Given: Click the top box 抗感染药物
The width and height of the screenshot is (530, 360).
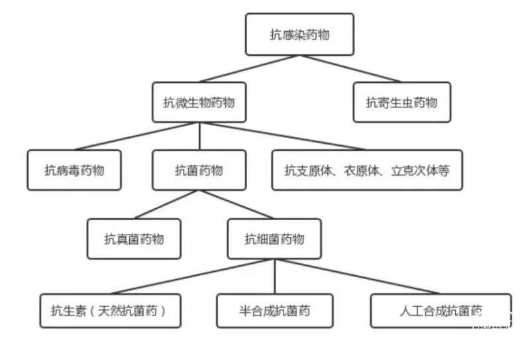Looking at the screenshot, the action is click(299, 34).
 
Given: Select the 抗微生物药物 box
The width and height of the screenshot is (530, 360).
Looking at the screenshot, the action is click(199, 102).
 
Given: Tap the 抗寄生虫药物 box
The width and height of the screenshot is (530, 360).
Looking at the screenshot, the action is click(402, 102).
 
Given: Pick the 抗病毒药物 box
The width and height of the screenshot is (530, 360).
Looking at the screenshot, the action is click(74, 170).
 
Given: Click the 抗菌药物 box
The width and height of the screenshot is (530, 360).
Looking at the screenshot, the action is click(199, 170).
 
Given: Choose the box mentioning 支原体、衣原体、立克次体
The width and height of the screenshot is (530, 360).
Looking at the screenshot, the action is click(367, 170).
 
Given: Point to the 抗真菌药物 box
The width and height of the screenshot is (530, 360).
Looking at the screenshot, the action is click(134, 239).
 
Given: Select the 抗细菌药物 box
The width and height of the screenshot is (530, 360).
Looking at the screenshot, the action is click(274, 239).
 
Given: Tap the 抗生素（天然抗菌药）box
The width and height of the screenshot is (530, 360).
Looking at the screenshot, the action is click(111, 311).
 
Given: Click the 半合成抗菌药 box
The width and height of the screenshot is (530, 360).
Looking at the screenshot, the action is click(275, 311).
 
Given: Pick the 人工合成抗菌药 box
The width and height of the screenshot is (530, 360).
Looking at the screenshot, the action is click(441, 311).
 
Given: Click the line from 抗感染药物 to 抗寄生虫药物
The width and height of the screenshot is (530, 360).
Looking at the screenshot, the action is click(350, 69).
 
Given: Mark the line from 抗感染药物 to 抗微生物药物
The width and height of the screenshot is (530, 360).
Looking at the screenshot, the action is click(249, 69).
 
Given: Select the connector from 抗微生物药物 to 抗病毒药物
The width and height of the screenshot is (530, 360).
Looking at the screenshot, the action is click(137, 136).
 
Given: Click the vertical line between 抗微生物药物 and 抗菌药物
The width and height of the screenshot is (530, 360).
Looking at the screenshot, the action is click(199, 136).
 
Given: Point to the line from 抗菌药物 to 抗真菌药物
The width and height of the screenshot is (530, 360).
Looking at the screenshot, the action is click(167, 204).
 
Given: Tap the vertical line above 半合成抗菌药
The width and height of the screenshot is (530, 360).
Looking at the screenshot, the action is click(275, 276).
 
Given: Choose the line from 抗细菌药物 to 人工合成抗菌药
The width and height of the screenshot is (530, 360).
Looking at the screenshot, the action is click(357, 276).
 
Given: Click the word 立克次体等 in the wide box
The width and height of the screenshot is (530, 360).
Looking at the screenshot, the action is click(421, 170).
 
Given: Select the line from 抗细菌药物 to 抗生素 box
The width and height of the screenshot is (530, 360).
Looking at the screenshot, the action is click(193, 276).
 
